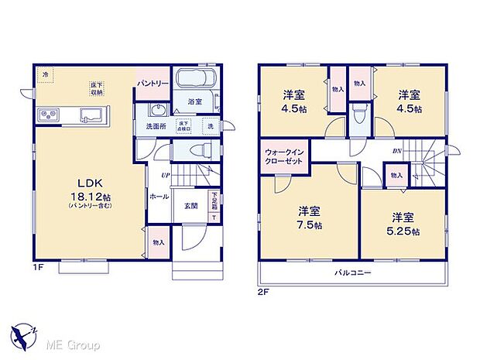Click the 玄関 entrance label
(x=190, y=205)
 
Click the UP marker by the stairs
(x=165, y=176)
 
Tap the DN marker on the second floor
(x=396, y=152)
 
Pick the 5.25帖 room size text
(x=404, y=231)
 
